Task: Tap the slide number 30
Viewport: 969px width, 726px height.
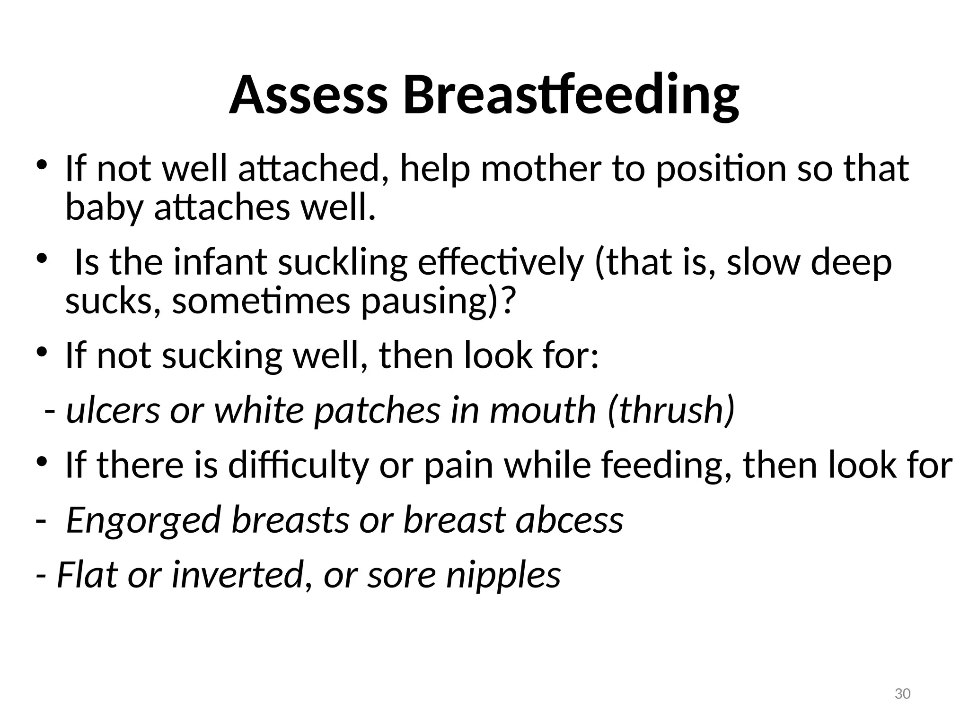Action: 903,694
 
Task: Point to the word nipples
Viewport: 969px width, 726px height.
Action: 503,576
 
